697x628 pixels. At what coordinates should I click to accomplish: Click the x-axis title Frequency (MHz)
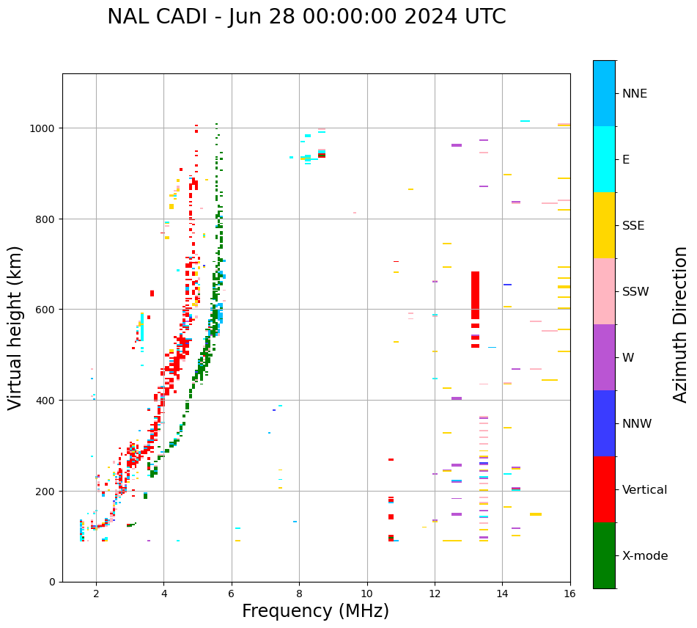315,611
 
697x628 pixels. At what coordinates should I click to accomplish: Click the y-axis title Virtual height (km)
15,327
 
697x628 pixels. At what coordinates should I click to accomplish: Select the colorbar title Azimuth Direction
681,324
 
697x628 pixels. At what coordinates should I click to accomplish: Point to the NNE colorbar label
635,93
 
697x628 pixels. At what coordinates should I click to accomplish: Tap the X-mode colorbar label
645,556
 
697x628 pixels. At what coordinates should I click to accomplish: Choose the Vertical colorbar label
644,490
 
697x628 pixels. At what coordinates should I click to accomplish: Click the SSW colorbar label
635,292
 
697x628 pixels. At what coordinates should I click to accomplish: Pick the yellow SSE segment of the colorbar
604,225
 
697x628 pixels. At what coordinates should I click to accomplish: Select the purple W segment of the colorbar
604,357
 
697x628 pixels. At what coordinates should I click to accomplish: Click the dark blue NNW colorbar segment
604,423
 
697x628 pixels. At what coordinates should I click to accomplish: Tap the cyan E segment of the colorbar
604,159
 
